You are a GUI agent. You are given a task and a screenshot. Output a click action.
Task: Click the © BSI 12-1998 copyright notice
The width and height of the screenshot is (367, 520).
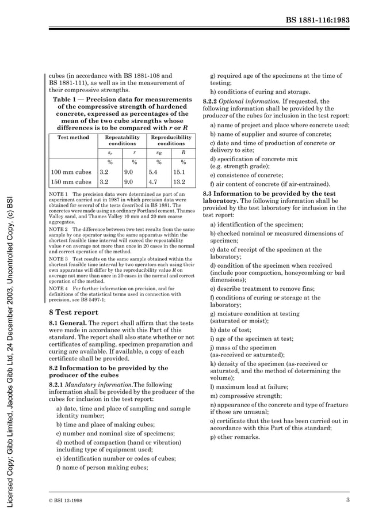(64, 500)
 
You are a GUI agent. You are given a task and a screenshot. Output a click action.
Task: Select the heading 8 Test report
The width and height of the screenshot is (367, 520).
(74, 313)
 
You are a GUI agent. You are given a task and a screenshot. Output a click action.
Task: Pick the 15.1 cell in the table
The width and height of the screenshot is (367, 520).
(179, 172)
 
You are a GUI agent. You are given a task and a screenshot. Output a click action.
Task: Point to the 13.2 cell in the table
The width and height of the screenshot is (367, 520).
(179, 182)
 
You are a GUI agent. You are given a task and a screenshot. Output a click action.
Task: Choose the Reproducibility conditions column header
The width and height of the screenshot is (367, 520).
(171, 141)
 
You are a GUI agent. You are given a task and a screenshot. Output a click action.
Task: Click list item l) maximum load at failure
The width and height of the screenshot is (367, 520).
(249, 387)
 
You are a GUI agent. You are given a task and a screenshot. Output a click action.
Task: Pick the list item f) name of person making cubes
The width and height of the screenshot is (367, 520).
(102, 468)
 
